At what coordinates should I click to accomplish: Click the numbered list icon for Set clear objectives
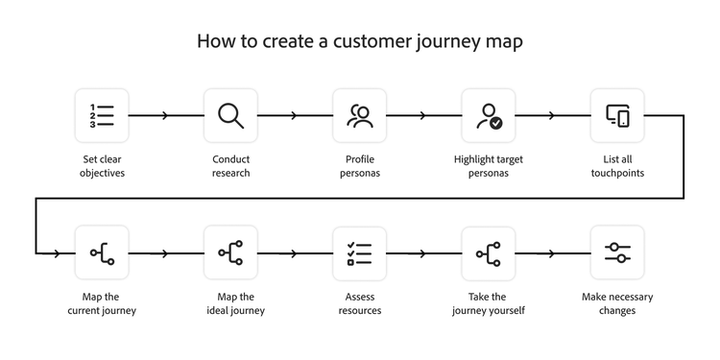point(102,115)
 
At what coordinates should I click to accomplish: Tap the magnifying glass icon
point(230,115)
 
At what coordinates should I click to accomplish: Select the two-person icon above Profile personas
point(359,115)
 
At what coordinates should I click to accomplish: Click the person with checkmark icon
point(489,115)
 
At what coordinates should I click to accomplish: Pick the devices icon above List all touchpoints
point(617,115)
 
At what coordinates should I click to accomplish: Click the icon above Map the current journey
point(102,253)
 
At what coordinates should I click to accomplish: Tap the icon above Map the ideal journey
point(230,253)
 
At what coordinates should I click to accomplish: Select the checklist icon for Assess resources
point(359,253)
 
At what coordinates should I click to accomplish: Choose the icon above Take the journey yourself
point(489,253)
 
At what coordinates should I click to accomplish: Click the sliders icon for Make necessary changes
point(617,253)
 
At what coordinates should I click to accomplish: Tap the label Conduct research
point(230,166)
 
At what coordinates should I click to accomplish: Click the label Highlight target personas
point(489,166)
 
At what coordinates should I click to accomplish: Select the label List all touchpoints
point(617,166)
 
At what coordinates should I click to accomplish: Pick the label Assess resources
point(359,303)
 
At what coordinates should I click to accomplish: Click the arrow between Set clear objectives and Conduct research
point(166,116)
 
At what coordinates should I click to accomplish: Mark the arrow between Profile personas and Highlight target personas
point(423,116)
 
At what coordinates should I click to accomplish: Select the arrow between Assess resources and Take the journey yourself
point(423,253)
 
